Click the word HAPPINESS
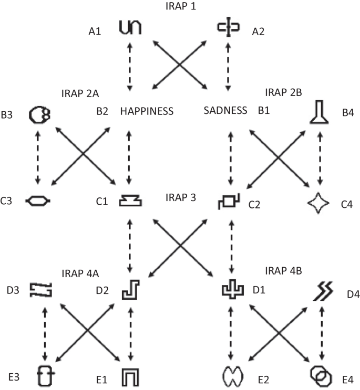click(147, 111)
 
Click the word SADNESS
click(225, 111)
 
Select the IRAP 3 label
click(180, 197)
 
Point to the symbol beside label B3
click(38, 114)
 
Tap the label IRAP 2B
click(283, 93)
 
